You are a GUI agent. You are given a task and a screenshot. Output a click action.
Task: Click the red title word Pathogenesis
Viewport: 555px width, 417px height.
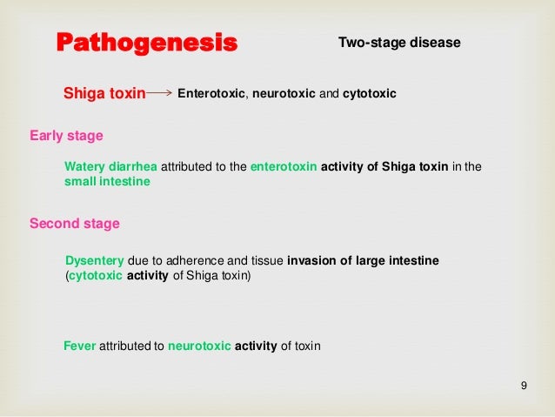click(x=146, y=43)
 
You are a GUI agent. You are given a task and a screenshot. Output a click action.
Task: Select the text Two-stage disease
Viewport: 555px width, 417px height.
click(x=398, y=43)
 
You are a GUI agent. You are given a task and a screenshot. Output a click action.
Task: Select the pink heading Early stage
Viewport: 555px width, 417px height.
click(x=66, y=136)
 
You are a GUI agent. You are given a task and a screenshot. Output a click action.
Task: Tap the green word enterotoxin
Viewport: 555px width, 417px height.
click(x=284, y=166)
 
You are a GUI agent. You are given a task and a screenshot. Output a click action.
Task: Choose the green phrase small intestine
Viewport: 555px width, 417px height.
click(x=107, y=182)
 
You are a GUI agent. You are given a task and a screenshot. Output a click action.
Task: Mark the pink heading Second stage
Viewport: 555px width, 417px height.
click(x=75, y=224)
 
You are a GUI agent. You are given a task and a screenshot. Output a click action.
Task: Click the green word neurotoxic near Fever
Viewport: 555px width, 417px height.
click(x=199, y=346)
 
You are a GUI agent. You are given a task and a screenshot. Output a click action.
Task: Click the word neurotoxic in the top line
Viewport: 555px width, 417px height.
click(x=282, y=92)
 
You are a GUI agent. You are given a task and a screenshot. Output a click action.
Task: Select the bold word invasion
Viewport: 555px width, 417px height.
click(x=311, y=260)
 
